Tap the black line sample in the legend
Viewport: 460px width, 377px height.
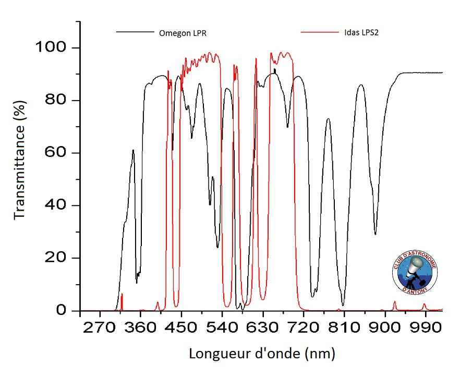point(135,32)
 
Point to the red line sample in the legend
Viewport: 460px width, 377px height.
point(320,32)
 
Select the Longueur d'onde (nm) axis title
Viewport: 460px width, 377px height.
point(261,354)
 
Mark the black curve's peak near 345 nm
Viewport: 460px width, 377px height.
point(133,151)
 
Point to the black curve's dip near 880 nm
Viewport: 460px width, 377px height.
point(375,234)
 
